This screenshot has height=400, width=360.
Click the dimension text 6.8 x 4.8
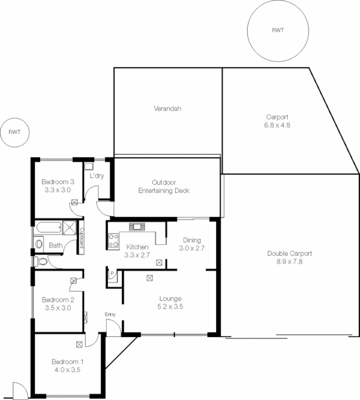(277, 125)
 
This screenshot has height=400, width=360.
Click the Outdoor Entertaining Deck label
(163, 186)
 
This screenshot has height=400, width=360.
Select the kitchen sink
(136, 227)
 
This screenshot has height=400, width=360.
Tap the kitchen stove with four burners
(113, 240)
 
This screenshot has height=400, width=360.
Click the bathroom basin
(39, 244)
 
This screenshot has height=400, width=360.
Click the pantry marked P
(111, 273)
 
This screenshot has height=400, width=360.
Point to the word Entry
(110, 314)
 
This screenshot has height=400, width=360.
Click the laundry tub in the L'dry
(89, 167)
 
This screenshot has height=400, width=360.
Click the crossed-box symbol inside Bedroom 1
(79, 344)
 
